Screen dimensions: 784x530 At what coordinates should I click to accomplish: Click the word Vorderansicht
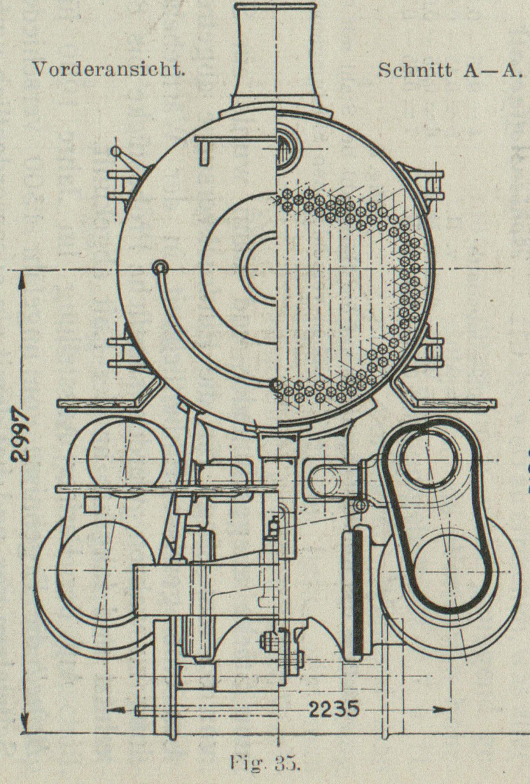[x=108, y=70]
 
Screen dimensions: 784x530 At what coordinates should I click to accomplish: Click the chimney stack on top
[x=276, y=51]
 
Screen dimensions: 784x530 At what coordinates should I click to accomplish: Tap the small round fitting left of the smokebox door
[x=160, y=266]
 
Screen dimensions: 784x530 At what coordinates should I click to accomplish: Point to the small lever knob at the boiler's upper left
[x=115, y=152]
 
